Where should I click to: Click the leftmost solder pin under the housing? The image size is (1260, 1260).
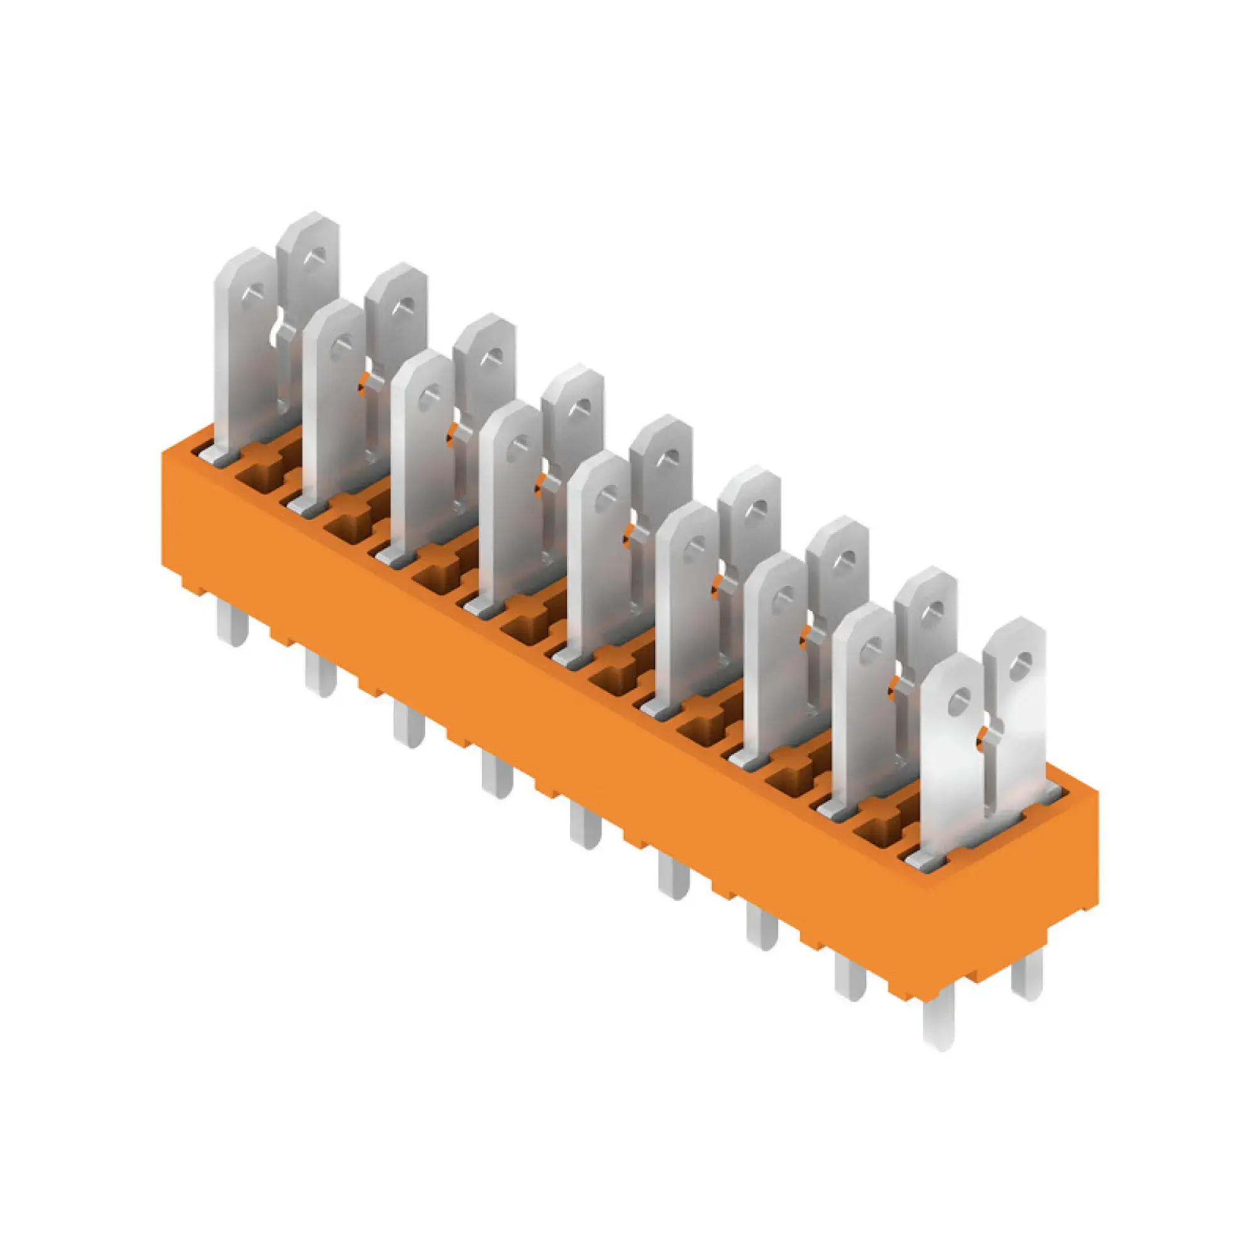coord(233,623)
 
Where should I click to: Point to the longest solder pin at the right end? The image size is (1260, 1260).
coord(939,1025)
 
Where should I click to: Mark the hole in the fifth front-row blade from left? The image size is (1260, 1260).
coord(607,496)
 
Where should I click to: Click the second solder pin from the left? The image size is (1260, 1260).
coord(321,673)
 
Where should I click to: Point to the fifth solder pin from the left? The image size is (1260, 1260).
coord(586,826)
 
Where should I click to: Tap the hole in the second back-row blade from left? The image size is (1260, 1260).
coord(406,305)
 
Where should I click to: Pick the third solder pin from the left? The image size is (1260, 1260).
coord(409,725)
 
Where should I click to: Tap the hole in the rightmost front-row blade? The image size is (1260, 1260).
coord(959,701)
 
